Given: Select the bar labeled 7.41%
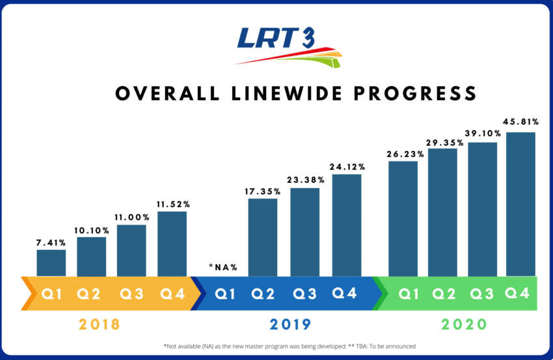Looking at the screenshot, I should click(51, 263).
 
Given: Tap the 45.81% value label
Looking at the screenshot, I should click(520, 122).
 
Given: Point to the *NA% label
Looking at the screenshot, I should click(223, 267).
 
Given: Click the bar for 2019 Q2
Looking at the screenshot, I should click(263, 238).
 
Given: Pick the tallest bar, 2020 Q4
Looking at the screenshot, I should click(520, 204).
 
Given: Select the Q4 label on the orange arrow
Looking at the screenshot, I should click(171, 294).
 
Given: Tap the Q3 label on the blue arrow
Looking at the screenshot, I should click(304, 294).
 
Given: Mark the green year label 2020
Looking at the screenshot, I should click(464, 324).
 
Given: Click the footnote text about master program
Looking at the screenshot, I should click(289, 346).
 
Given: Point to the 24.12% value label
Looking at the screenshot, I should click(346, 167).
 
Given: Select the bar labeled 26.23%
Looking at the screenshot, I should click(403, 219).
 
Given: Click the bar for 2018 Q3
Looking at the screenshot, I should click(131, 251).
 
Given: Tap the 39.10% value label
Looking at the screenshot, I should click(482, 132).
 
